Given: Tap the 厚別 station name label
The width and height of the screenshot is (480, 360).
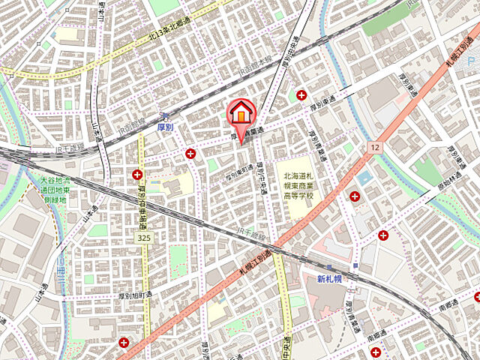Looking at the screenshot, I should point(166,129).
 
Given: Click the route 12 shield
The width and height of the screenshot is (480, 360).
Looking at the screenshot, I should point(373,148).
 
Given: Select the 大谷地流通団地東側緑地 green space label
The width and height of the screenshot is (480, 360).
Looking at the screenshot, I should point(53,190).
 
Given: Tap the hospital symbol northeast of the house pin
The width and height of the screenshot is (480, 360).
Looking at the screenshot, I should point(301,94).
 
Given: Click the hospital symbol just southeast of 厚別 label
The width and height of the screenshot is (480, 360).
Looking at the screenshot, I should point(191,153).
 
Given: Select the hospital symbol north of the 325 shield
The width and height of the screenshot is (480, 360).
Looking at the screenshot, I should point(137,175).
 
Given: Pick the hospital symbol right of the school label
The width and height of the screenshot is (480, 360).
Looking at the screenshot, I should point(354,196).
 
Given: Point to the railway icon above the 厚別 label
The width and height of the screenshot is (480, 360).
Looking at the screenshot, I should point(163,116).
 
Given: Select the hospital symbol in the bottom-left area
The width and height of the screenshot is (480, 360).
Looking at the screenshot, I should point(124,343).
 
